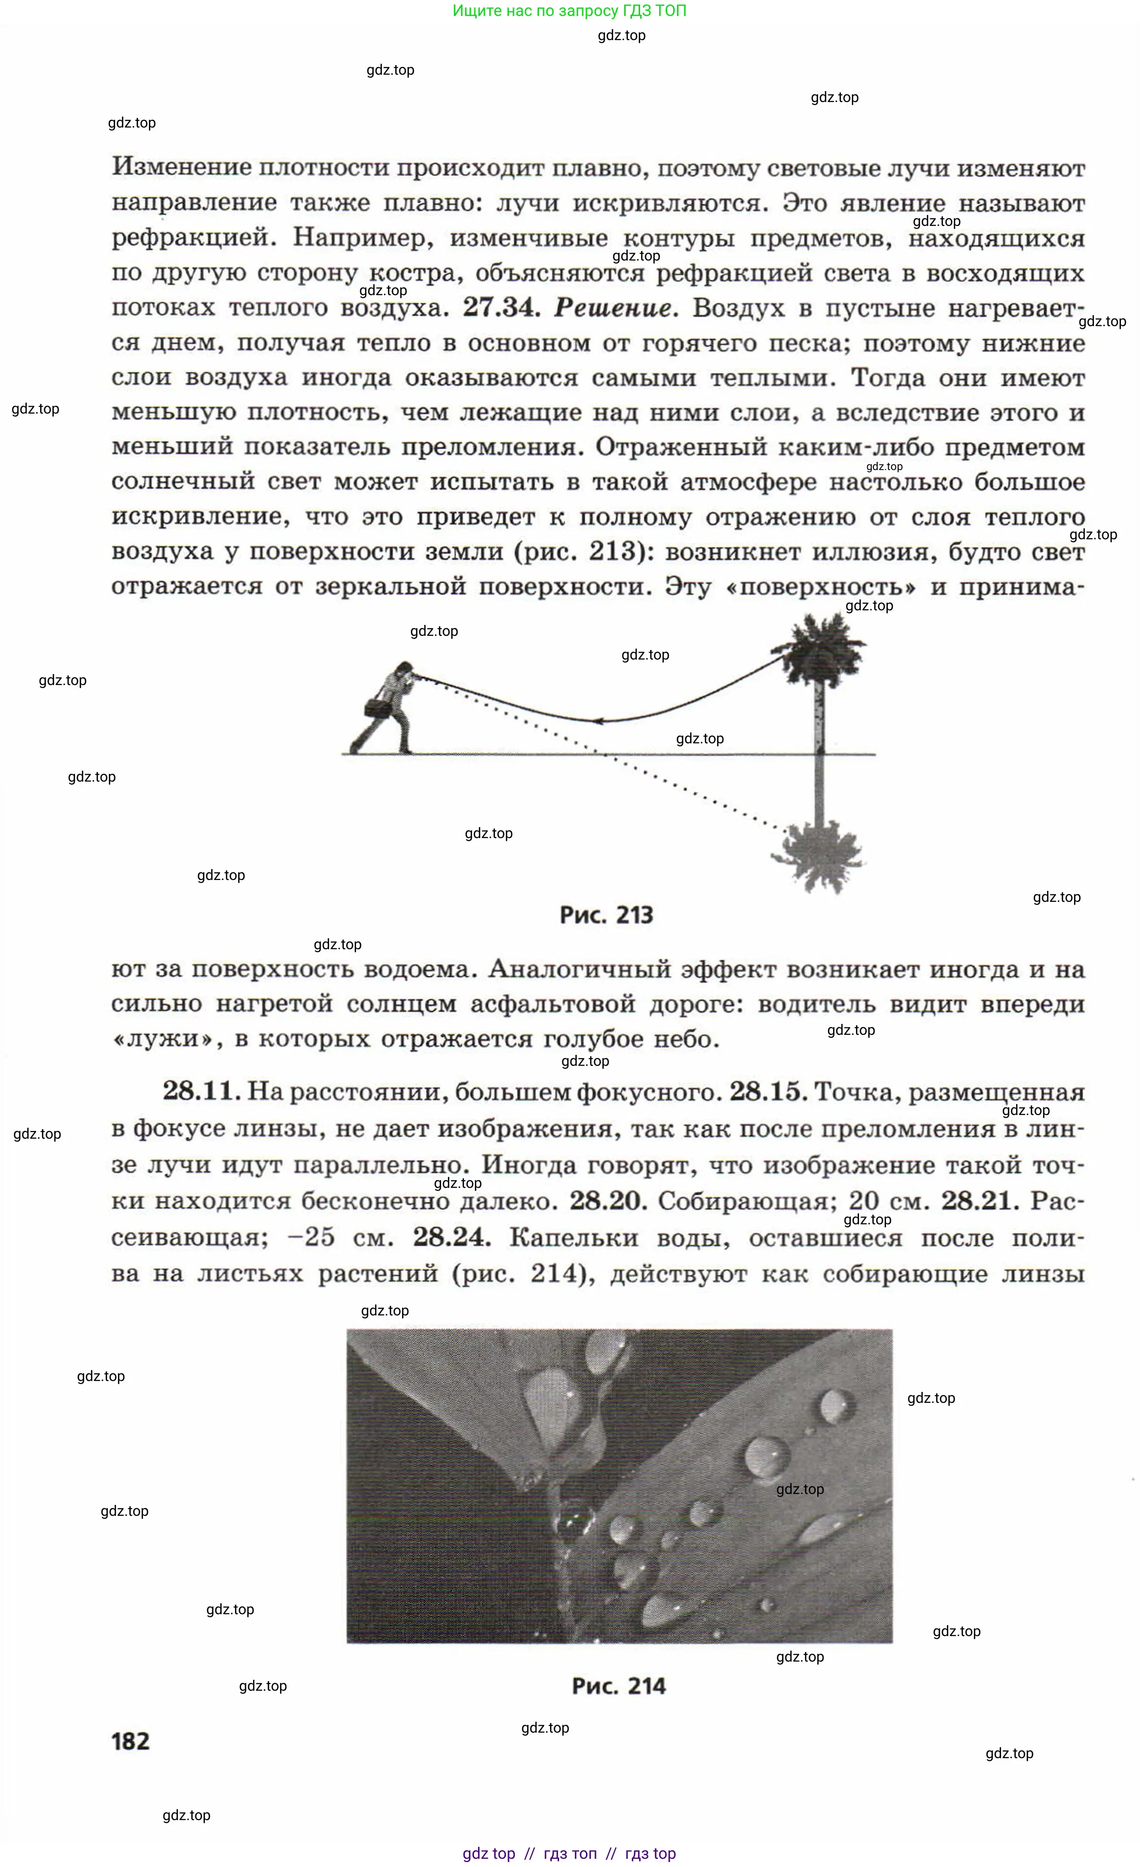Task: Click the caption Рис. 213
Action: point(606,916)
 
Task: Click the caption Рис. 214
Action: point(618,1686)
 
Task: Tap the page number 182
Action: point(130,1741)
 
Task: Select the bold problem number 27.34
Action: point(501,307)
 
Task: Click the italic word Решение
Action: point(614,307)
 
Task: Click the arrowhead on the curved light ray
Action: point(598,721)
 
